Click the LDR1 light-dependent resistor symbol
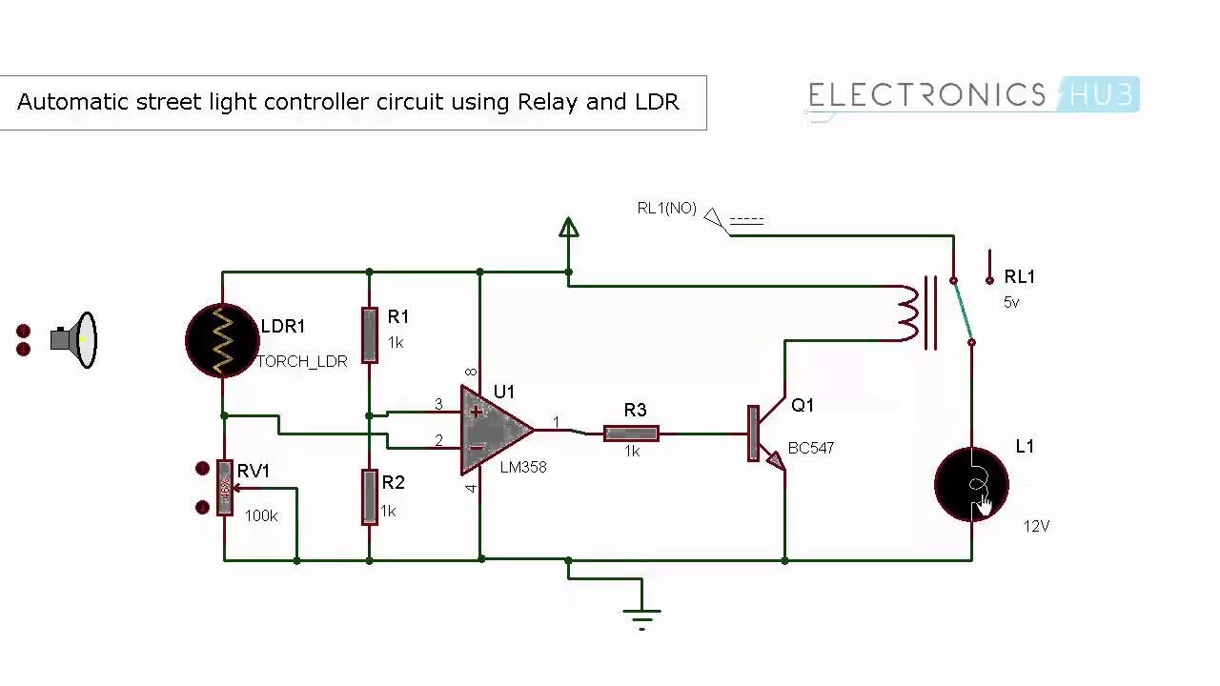coord(223,339)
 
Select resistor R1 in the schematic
coord(370,334)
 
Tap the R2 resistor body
coord(370,496)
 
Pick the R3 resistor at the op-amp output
coord(631,434)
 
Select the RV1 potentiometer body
coord(225,488)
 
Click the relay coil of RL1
coord(906,313)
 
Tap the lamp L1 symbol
coord(971,484)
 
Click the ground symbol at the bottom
coord(642,615)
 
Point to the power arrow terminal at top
coord(569,227)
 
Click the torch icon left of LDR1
coord(75,339)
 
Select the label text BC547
coord(811,448)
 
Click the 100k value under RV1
coord(261,515)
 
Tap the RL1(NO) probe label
coord(666,208)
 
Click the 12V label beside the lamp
coord(1037,526)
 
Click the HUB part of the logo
coord(1102,94)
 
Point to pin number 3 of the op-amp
coord(438,404)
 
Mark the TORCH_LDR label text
coord(302,362)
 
